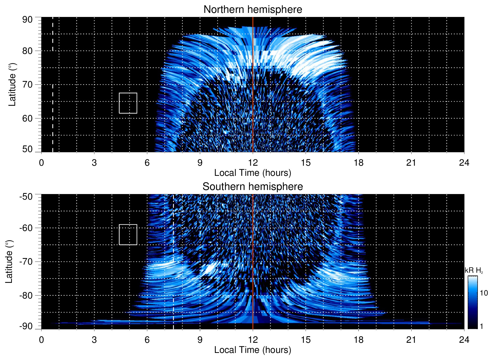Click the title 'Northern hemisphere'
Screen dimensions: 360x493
pyautogui.click(x=253, y=10)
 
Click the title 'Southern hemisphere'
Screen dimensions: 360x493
pyautogui.click(x=253, y=187)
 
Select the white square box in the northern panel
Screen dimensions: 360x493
pyautogui.click(x=128, y=103)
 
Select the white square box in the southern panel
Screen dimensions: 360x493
pyautogui.click(x=128, y=235)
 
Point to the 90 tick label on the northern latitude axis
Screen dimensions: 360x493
pyautogui.click(x=27, y=20)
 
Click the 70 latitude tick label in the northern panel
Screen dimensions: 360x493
pyautogui.click(x=27, y=84)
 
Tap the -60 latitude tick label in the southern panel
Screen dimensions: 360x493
pyautogui.click(x=26, y=228)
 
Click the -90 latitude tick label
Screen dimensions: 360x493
pyautogui.click(x=26, y=326)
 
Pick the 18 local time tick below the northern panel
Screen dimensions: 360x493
pyautogui.click(x=358, y=163)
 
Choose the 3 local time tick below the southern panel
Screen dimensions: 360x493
pyautogui.click(x=94, y=340)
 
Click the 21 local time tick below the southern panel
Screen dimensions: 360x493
pyautogui.click(x=411, y=340)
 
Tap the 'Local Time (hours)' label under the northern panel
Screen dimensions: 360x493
pyautogui.click(x=253, y=173)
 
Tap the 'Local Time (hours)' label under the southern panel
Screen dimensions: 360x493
pyautogui.click(x=253, y=350)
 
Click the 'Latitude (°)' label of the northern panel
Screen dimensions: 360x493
pyautogui.click(x=12, y=84)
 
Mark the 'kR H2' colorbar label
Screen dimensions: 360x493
pyautogui.click(x=474, y=270)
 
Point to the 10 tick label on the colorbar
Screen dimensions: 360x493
pyautogui.click(x=484, y=293)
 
